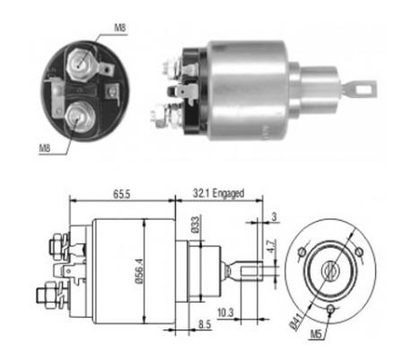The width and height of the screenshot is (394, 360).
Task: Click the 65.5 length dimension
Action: pyautogui.click(x=121, y=195)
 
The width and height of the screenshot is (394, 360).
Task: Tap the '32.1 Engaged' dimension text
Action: pyautogui.click(x=218, y=194)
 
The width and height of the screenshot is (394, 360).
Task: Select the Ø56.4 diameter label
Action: pyautogui.click(x=139, y=271)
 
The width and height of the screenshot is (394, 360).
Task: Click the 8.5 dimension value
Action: pyautogui.click(x=205, y=324)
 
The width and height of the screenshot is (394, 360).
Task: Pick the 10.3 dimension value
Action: pyautogui.click(x=225, y=313)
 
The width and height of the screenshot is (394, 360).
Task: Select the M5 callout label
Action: pyautogui.click(x=316, y=334)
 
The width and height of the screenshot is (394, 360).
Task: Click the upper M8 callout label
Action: pyautogui.click(x=119, y=28)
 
